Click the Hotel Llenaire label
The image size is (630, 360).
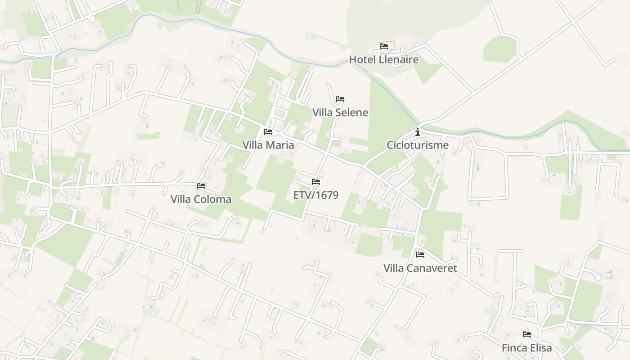tap(384, 59)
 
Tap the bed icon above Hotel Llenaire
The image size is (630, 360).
tap(384, 46)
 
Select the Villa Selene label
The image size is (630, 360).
tap(340, 112)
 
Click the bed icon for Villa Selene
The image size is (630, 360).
tap(340, 99)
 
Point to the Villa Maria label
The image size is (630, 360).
tap(268, 145)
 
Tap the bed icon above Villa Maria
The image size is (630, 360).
tap(268, 132)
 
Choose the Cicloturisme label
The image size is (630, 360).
tap(418, 145)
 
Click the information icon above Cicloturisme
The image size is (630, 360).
tap(418, 132)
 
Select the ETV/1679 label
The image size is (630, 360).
tap(316, 195)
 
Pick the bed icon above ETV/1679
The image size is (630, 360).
tap(316, 182)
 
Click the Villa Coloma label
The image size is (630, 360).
tap(201, 199)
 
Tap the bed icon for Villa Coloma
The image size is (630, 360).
tap(201, 185)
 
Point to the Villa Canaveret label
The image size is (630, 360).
tap(420, 269)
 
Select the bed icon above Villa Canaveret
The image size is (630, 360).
tap(420, 255)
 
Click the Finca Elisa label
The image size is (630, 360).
tap(527, 348)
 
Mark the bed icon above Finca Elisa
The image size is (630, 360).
tap(527, 334)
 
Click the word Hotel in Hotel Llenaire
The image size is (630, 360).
tap(362, 59)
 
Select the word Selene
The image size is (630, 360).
tap(351, 112)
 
